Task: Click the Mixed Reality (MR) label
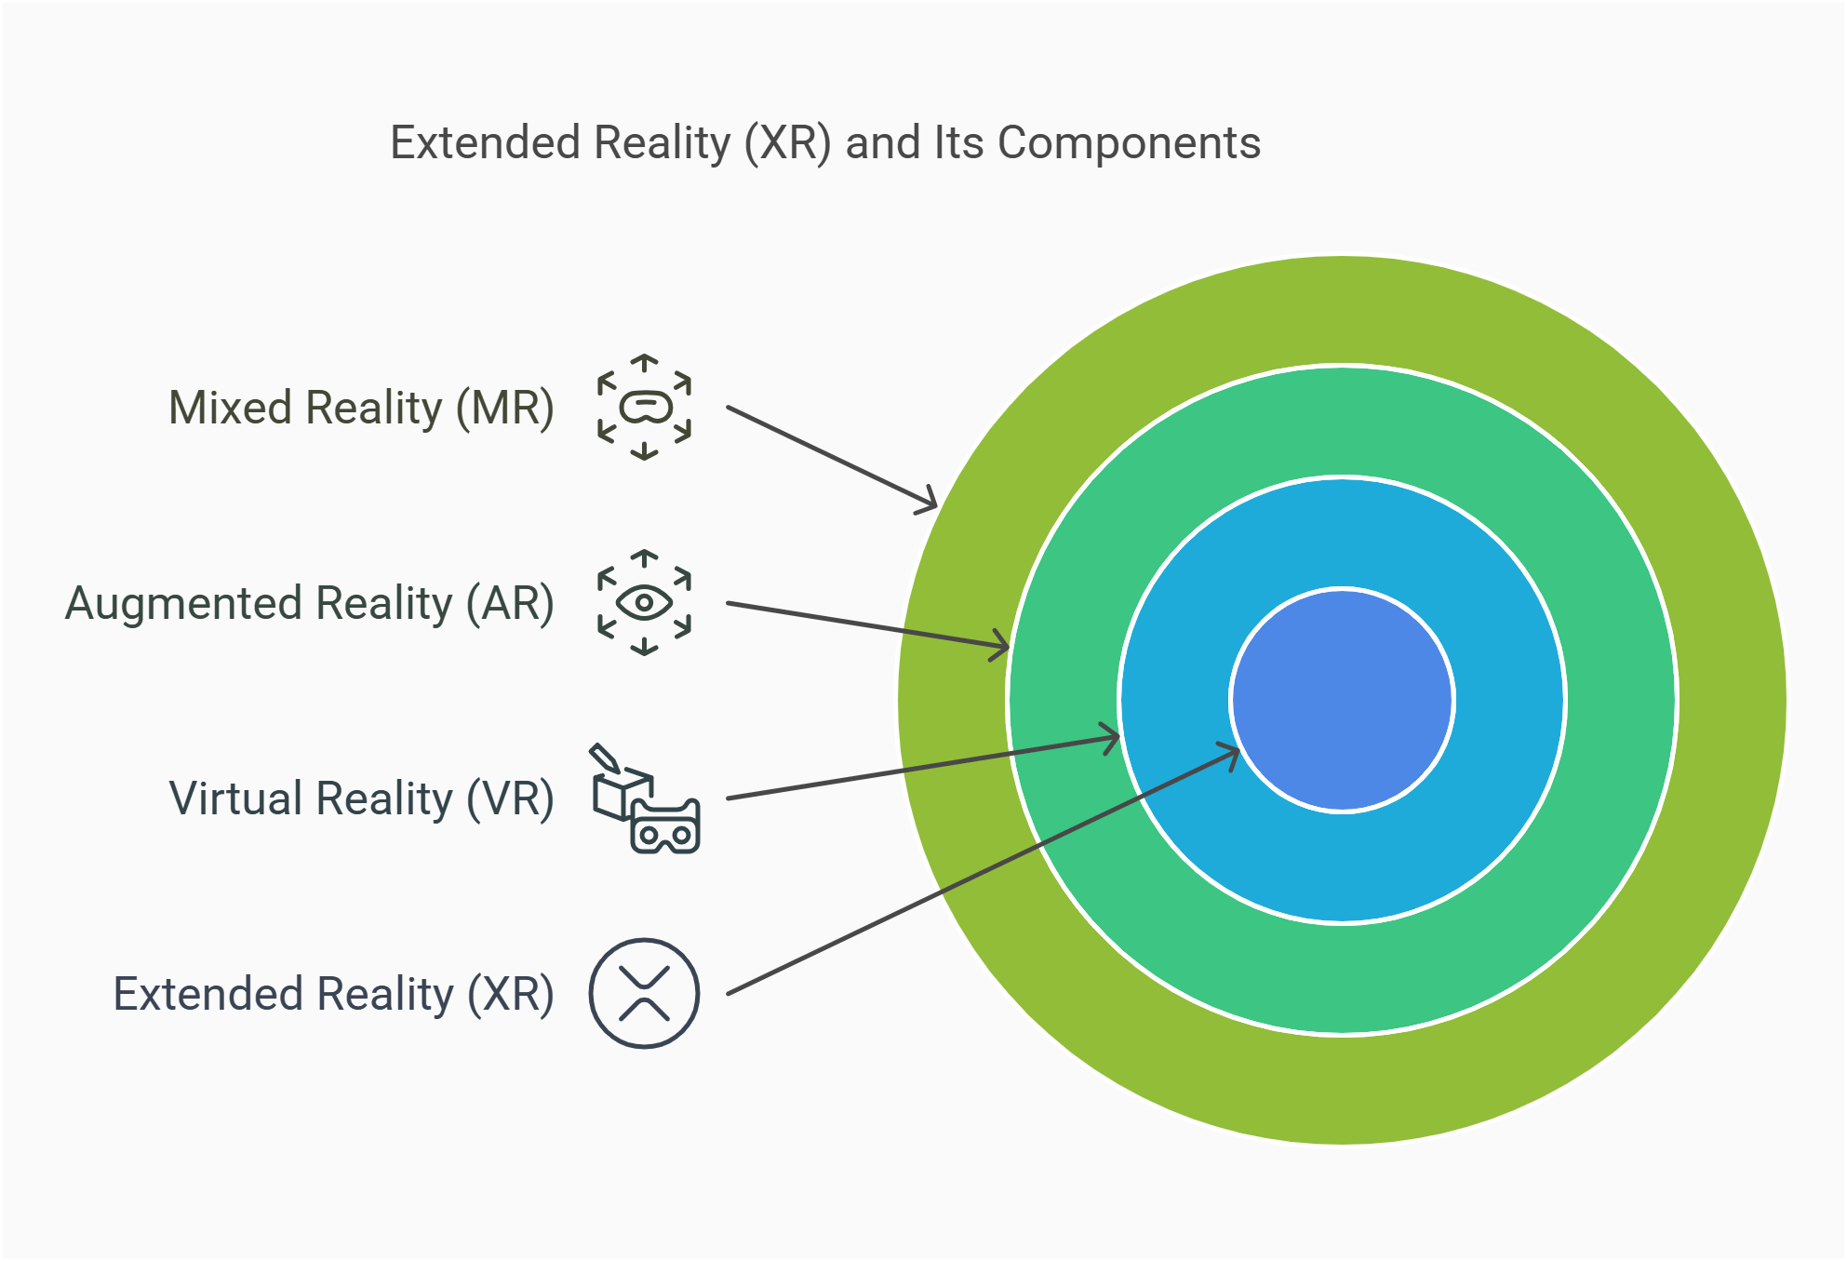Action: tap(361, 409)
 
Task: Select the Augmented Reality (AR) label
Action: tap(309, 604)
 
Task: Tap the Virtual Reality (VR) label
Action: tap(361, 799)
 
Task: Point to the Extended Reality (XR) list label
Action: tap(333, 995)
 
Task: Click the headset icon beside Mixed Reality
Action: tap(644, 408)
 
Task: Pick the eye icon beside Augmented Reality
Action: tap(644, 603)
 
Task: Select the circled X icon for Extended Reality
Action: tap(644, 994)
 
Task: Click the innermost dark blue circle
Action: tap(1342, 700)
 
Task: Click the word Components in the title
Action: tap(1129, 143)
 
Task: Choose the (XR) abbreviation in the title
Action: tap(787, 143)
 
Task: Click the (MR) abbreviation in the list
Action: tap(505, 409)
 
